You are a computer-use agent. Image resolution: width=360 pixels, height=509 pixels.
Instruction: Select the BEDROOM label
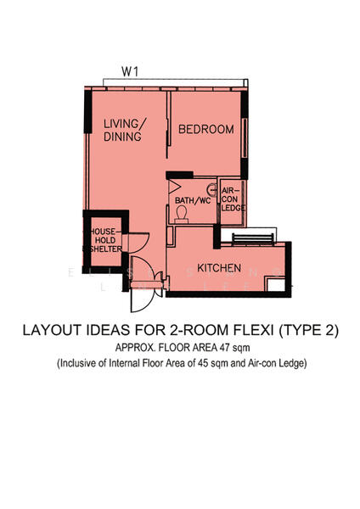[205, 129]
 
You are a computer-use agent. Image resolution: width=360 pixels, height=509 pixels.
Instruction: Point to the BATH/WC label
[193, 201]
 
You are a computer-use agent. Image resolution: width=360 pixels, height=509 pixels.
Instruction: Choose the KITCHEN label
[220, 268]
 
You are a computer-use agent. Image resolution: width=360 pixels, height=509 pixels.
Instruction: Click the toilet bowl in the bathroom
[182, 215]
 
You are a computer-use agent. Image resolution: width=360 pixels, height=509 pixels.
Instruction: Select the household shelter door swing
[139, 243]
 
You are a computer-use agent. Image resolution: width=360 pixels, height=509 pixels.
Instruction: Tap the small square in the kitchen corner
[273, 286]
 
